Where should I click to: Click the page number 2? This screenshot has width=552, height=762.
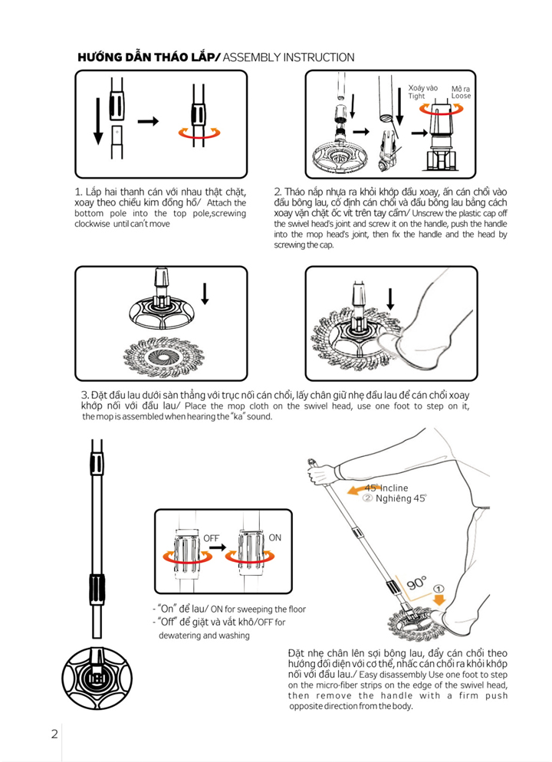tap(54, 733)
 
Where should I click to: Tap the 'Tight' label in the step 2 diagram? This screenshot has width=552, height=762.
tap(416, 97)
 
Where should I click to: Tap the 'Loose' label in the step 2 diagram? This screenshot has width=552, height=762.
tap(462, 97)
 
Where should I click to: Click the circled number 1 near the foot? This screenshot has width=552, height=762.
tap(439, 590)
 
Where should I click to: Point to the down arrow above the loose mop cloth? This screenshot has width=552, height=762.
tap(205, 293)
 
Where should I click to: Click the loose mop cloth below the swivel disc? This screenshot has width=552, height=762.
tap(161, 353)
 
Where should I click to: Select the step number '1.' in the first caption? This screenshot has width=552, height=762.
tap(79, 191)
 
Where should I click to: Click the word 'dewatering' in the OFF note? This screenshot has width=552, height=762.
tap(181, 636)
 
